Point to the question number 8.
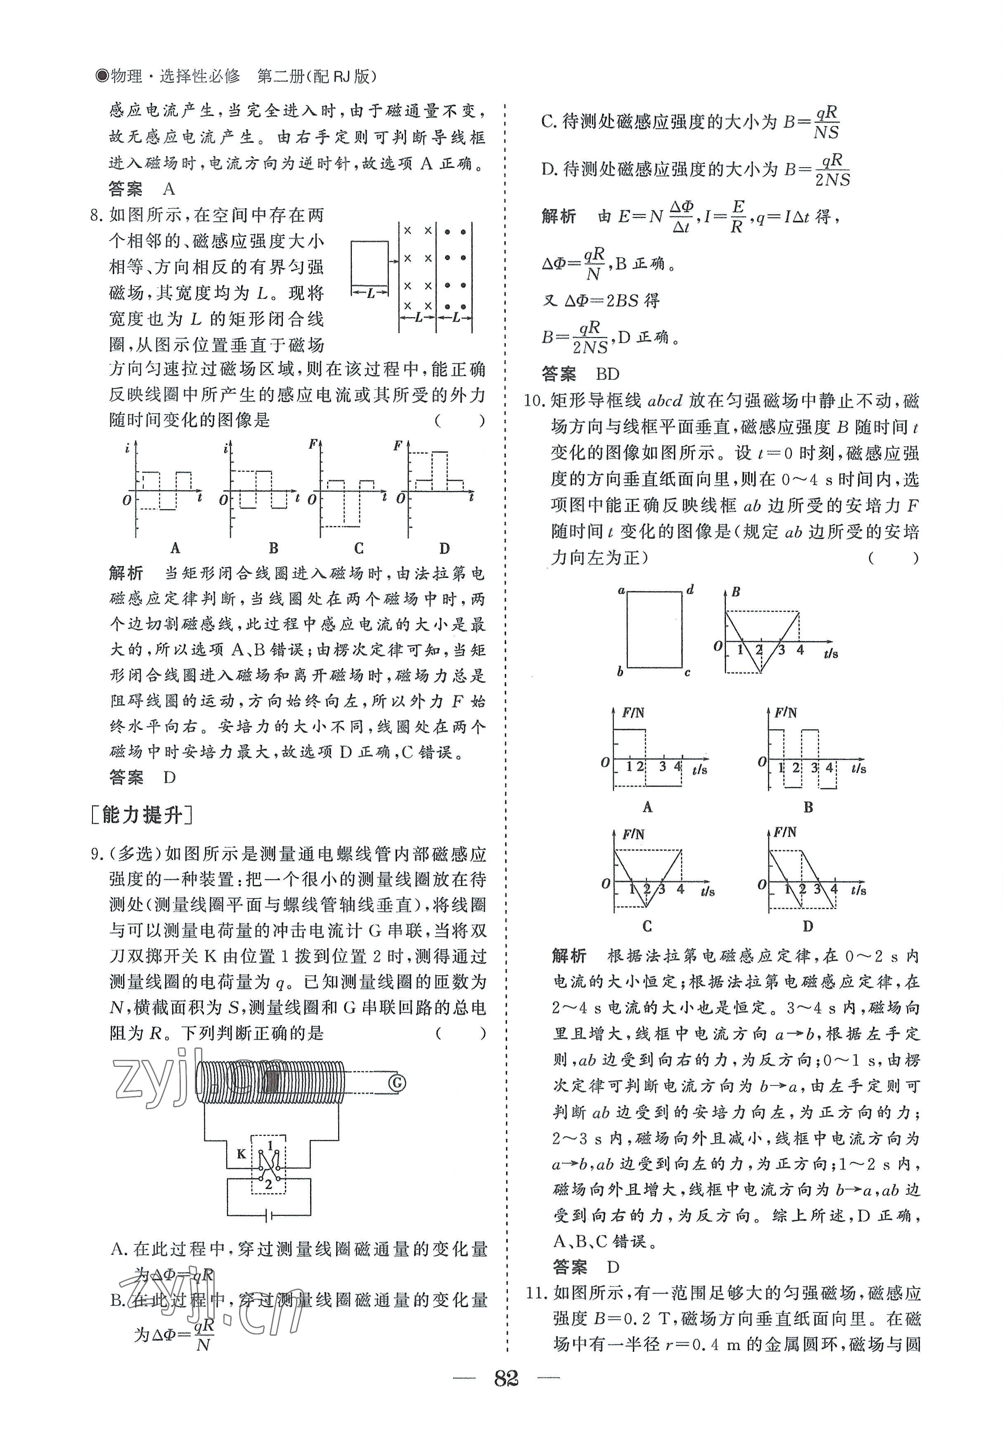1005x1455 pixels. coord(96,216)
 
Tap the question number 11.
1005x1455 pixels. coord(537,1293)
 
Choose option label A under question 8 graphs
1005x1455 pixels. coord(175,548)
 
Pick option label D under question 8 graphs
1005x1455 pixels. coord(445,548)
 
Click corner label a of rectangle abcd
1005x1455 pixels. coord(621,590)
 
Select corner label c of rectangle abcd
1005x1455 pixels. coord(687,673)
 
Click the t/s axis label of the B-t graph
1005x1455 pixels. coord(831,654)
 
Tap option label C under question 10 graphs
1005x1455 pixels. coord(647,926)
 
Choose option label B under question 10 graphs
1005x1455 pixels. coord(808,807)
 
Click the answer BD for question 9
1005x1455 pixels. coord(608,374)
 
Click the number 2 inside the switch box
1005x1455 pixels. coord(269,1184)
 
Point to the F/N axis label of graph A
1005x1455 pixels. coord(633,713)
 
